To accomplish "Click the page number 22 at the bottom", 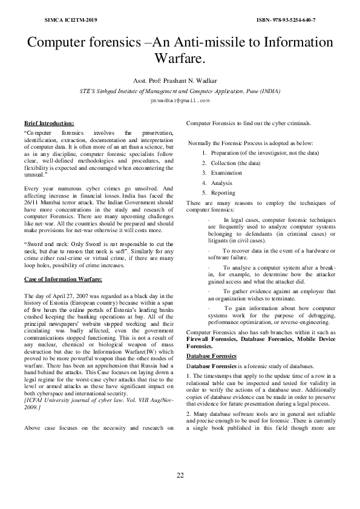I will coord(180,475).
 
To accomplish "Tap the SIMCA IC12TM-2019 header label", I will coord(71,20).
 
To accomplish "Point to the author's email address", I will coord(180,101).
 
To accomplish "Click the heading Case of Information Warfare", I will coord(63,279).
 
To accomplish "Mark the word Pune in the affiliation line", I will coord(247,91).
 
